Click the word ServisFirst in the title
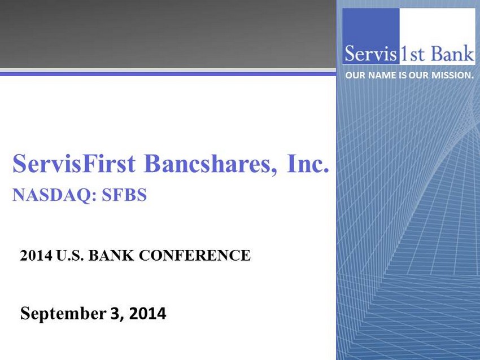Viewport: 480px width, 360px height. click(74, 163)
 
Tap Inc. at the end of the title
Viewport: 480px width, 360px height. click(308, 163)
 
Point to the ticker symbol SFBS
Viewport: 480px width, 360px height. click(124, 195)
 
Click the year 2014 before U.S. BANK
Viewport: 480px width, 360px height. click(36, 256)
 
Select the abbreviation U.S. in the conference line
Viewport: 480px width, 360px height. click(70, 256)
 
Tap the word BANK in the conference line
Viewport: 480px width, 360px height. click(111, 256)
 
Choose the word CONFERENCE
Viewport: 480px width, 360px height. click(195, 256)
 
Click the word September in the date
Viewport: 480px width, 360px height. click(63, 314)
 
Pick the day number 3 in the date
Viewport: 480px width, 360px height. click(115, 314)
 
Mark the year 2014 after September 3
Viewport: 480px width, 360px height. click(147, 314)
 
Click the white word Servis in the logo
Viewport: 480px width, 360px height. click(370, 54)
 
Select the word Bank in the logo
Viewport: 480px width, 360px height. click(452, 54)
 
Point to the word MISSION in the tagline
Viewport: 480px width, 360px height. click(452, 75)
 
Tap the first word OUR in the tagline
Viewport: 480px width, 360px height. click(355, 75)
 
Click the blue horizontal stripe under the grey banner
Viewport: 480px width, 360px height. click(168, 74)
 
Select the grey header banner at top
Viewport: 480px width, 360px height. click(168, 34)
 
